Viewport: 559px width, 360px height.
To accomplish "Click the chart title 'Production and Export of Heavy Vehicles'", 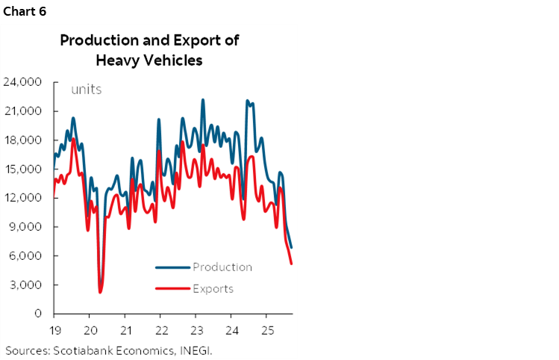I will click(149, 50).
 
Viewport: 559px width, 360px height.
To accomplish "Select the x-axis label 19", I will click(54, 329).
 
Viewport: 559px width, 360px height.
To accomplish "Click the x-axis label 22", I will click(160, 329).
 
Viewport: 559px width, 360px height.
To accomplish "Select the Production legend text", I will click(222, 267).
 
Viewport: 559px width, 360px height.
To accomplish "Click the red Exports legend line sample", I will click(172, 289).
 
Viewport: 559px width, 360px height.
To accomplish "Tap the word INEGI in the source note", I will click(202, 350).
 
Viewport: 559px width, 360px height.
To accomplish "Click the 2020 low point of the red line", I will click(100, 292).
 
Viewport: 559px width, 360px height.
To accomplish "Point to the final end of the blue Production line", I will click(291, 247).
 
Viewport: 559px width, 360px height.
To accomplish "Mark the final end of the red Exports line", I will click(291, 264).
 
